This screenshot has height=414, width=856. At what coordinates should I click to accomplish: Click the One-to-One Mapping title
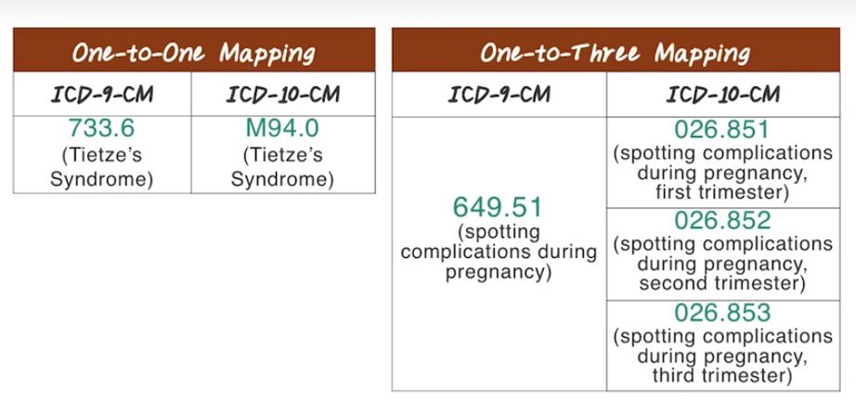[x=194, y=54]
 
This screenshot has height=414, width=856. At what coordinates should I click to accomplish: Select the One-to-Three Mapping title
[x=616, y=54]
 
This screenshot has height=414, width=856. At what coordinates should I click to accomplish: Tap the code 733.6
[x=101, y=128]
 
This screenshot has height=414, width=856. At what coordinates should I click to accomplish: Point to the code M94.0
[x=282, y=128]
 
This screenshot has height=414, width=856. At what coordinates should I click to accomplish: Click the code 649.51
[x=498, y=208]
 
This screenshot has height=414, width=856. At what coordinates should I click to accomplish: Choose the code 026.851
[x=721, y=130]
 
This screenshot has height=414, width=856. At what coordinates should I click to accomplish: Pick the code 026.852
[x=722, y=220]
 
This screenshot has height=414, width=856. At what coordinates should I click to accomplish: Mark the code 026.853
[x=722, y=313]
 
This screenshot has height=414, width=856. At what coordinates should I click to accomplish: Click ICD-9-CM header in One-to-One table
[x=102, y=95]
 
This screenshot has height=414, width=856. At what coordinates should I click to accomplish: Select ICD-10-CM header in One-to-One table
[x=283, y=95]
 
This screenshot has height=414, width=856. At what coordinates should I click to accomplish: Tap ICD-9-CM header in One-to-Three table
[x=499, y=95]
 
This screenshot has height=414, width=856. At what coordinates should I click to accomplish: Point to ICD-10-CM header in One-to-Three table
[x=722, y=95]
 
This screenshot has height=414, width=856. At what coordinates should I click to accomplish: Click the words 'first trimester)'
[x=722, y=193]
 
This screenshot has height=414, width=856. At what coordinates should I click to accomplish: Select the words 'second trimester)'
[x=722, y=284]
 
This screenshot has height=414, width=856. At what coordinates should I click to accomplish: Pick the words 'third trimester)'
[x=722, y=376]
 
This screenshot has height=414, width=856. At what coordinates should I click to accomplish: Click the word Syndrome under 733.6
[x=101, y=180]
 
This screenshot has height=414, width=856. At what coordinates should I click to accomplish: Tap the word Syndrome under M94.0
[x=282, y=180]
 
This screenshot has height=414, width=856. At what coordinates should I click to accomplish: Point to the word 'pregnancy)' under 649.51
[x=498, y=273]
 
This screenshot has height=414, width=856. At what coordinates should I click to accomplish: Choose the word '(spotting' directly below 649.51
[x=498, y=232]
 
